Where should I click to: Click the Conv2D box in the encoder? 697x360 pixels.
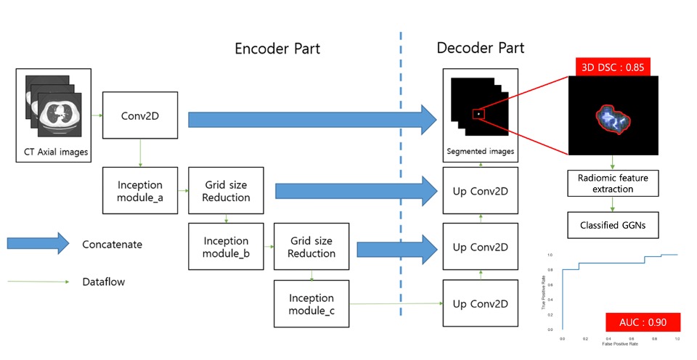pos(140,115)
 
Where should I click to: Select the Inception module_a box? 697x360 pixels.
pos(140,190)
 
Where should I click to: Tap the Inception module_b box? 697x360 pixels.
pos(225,246)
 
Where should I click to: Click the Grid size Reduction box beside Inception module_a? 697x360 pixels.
pos(226,190)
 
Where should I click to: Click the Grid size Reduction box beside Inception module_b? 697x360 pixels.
pos(311,246)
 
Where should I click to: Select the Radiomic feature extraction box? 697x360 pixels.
pos(613,183)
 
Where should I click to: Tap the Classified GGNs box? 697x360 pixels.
pos(613,224)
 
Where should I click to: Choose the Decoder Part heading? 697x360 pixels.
pos(481,49)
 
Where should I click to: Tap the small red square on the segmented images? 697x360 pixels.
pos(478,113)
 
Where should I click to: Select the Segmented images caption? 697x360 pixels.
pos(481,151)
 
